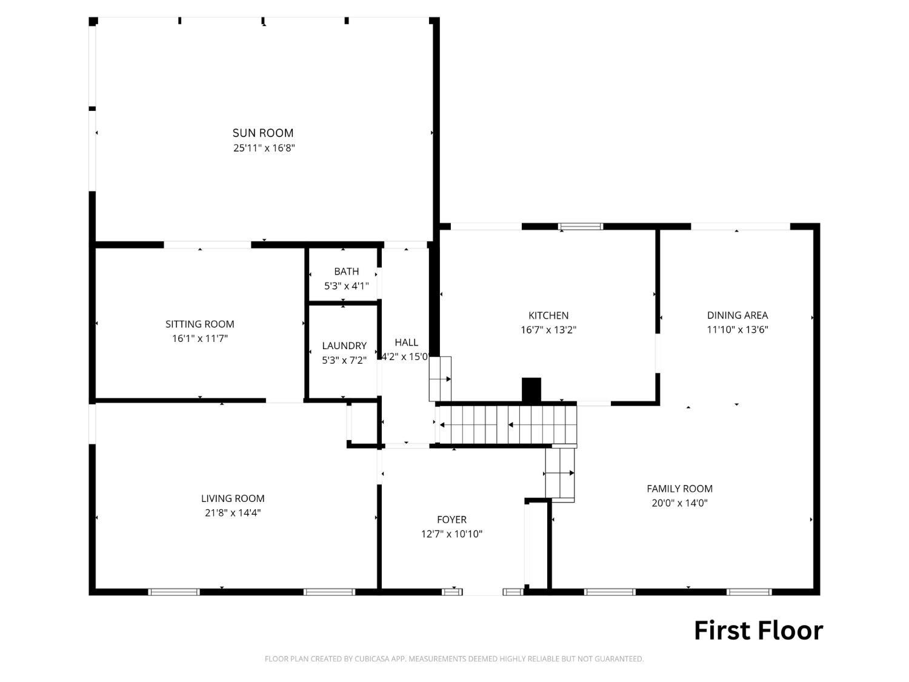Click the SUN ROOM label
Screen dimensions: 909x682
pyautogui.click(x=262, y=133)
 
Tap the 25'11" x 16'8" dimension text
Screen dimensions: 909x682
pyautogui.click(x=264, y=148)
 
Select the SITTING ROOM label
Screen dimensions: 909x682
pyautogui.click(x=199, y=324)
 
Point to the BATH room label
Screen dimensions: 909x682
pyautogui.click(x=346, y=271)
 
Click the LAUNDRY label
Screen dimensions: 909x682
pyautogui.click(x=344, y=346)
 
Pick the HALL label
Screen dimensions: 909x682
pyautogui.click(x=406, y=342)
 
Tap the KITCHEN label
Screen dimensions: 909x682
pyautogui.click(x=548, y=315)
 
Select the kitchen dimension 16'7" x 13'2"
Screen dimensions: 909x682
pyautogui.click(x=548, y=330)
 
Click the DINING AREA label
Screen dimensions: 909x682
pyautogui.click(x=737, y=315)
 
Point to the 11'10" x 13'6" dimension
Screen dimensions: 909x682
pyautogui.click(x=737, y=329)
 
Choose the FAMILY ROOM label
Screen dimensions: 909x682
pyautogui.click(x=679, y=489)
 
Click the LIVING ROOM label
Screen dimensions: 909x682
pyautogui.click(x=233, y=498)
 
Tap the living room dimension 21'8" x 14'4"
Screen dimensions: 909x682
pyautogui.click(x=233, y=513)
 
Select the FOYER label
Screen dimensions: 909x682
pyautogui.click(x=451, y=520)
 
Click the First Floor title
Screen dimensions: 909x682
pyautogui.click(x=758, y=630)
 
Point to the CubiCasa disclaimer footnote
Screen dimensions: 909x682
pyautogui.click(x=454, y=658)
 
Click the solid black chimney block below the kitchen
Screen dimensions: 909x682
pyautogui.click(x=531, y=390)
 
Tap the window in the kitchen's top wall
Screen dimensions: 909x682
pyautogui.click(x=581, y=227)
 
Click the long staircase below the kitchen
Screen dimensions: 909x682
pyautogui.click(x=506, y=424)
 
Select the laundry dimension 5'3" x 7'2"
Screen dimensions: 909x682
pyautogui.click(x=344, y=360)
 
